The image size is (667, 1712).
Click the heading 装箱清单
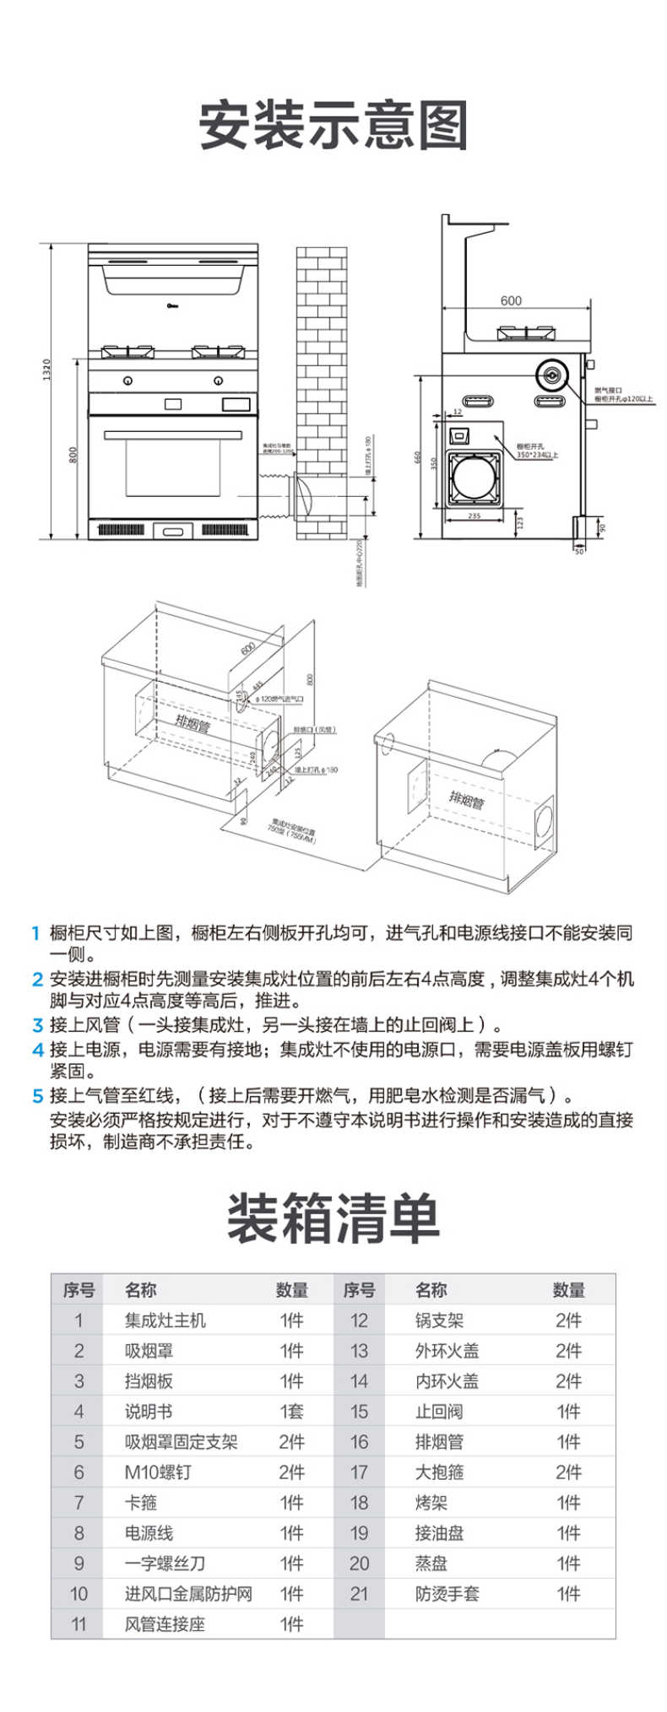click(333, 1218)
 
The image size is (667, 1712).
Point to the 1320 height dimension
click(47, 369)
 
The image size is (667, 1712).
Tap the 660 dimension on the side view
click(417, 457)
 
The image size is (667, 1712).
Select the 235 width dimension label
click(474, 516)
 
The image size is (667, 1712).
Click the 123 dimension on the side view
click(520, 522)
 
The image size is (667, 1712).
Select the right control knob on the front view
click(219, 381)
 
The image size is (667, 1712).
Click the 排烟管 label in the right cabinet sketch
click(466, 799)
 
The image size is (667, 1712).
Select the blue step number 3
click(36, 1026)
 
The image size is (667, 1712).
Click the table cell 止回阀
click(438, 1412)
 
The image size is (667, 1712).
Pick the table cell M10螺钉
click(158, 1472)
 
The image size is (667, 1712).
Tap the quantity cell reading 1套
click(291, 1412)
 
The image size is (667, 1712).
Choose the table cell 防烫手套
click(447, 1594)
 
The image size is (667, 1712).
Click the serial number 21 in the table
click(359, 1594)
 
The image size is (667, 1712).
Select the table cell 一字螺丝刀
click(165, 1563)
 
